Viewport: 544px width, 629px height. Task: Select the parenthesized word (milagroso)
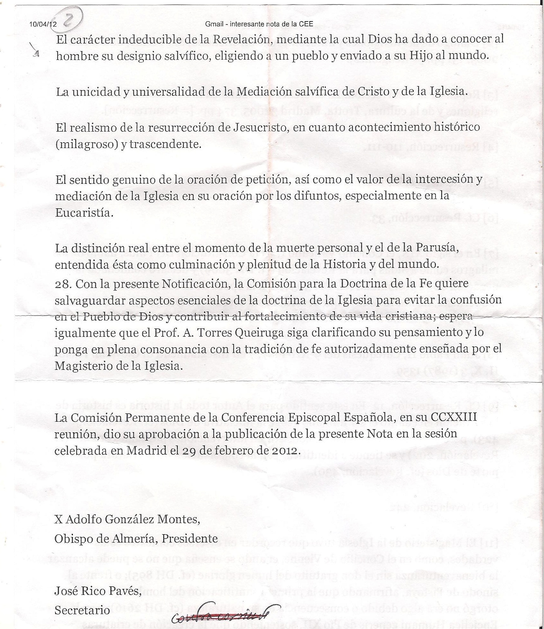coord(87,144)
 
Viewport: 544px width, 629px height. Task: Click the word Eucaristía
coord(84,213)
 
